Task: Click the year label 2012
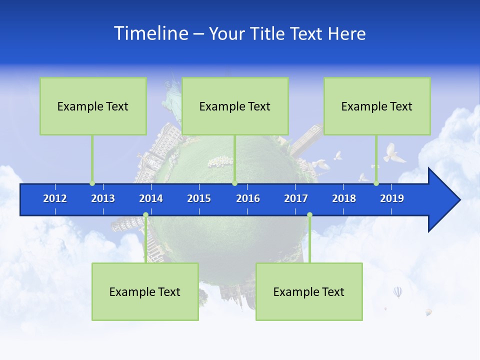[x=55, y=198]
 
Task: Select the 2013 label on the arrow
[x=103, y=198]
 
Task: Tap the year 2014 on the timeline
[x=151, y=198]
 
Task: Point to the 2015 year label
[x=199, y=198]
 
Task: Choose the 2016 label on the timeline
[x=248, y=198]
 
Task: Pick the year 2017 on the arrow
[x=296, y=198]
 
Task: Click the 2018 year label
[x=344, y=198]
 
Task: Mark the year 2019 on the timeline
[x=392, y=198]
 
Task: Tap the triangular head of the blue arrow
[x=442, y=200]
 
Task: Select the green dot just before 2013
[x=92, y=183]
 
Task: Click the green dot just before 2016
[x=234, y=183]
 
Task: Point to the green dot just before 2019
[x=376, y=183]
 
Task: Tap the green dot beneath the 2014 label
[x=145, y=215]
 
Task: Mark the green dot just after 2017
[x=309, y=215]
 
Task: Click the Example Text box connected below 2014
[x=145, y=291]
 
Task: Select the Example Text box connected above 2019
[x=377, y=106]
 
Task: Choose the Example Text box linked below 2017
[x=309, y=291]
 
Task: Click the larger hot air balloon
[x=397, y=291]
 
